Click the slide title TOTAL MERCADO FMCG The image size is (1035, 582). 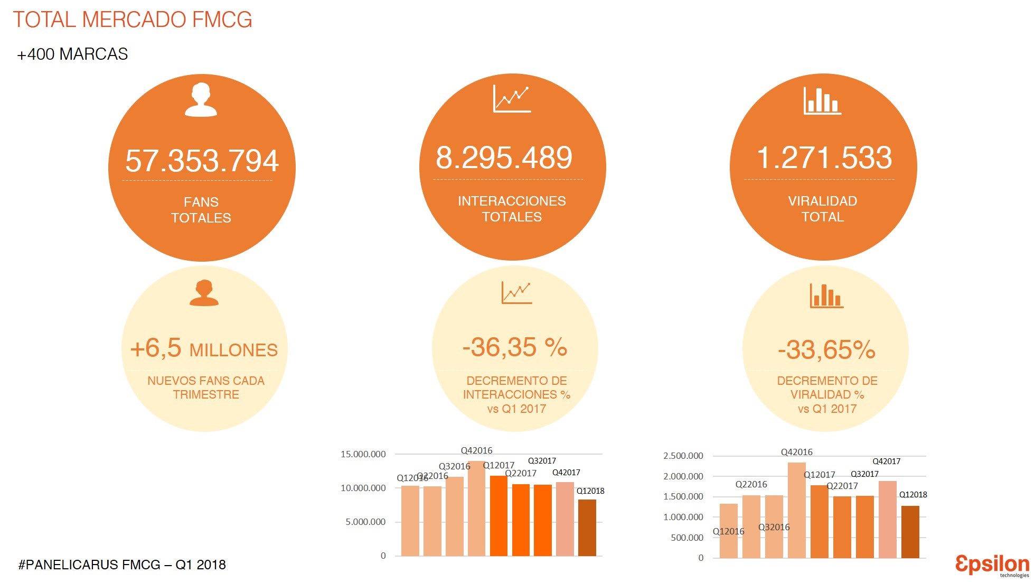(x=133, y=20)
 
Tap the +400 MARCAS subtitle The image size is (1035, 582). (x=72, y=54)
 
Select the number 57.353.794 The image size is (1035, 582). (x=202, y=161)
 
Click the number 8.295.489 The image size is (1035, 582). (x=504, y=158)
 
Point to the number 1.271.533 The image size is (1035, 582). (x=824, y=158)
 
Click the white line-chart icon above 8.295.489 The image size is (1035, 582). (x=511, y=99)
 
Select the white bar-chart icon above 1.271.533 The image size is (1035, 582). (x=822, y=100)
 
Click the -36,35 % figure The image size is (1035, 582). (x=514, y=347)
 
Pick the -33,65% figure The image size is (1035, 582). (x=826, y=349)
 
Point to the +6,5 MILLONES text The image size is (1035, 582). (x=204, y=349)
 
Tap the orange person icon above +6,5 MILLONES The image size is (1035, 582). (x=204, y=293)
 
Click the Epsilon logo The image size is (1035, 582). (x=992, y=565)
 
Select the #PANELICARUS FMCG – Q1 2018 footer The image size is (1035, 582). (x=122, y=565)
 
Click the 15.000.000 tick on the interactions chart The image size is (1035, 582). (x=363, y=454)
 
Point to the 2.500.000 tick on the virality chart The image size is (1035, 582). (x=683, y=456)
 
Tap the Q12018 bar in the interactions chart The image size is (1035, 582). (x=587, y=528)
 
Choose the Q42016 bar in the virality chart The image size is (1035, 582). (x=796, y=510)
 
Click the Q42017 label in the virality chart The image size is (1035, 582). (x=886, y=461)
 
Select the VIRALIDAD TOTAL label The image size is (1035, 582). (x=822, y=209)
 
